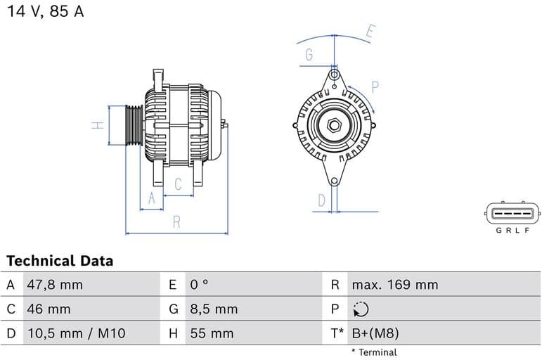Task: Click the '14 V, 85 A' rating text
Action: click(x=45, y=12)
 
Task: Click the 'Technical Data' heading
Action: click(x=60, y=261)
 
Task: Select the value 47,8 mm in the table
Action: click(x=54, y=285)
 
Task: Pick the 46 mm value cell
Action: click(x=48, y=309)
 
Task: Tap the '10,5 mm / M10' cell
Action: click(x=75, y=333)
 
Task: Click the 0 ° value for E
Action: click(x=199, y=285)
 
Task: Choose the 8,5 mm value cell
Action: click(x=214, y=309)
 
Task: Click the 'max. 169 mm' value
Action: click(x=394, y=285)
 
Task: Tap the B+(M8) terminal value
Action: click(x=375, y=333)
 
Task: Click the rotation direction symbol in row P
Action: click(x=361, y=309)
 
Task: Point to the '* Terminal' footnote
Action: click(x=374, y=352)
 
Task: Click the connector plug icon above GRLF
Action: click(x=512, y=212)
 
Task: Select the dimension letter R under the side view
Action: click(x=176, y=222)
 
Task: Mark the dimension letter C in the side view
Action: click(x=178, y=184)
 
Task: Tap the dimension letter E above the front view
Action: click(x=370, y=31)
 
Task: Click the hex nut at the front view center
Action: click(x=334, y=127)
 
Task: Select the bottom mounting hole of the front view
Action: click(x=334, y=181)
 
